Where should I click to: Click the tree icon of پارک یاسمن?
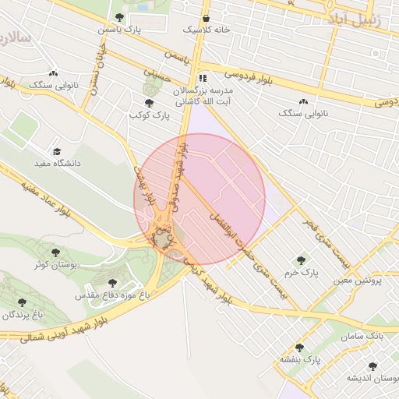pyautogui.click(x=118, y=16)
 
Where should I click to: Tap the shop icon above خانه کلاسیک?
pyautogui.click(x=206, y=17)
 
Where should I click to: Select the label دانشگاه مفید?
pyautogui.click(x=57, y=164)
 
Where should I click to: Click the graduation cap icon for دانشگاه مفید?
pyautogui.click(x=56, y=152)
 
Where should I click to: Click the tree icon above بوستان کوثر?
pyautogui.click(x=55, y=252)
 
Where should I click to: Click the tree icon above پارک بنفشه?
pyautogui.click(x=299, y=348)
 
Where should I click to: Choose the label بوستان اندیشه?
pyautogui.click(x=373, y=378)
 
